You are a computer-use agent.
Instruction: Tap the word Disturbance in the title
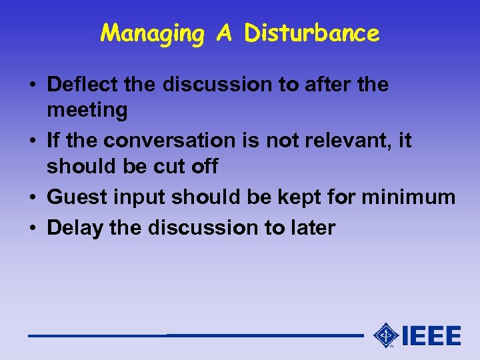pos(312,33)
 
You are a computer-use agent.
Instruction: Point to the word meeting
pos(87,110)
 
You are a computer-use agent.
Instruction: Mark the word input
pos(141,198)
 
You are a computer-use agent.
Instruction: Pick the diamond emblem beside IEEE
pos(386,335)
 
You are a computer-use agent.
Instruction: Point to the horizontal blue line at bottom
pos(193,335)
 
